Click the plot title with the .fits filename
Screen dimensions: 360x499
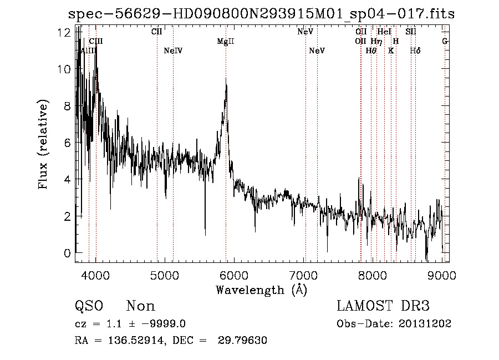261,14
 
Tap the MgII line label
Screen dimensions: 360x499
226,41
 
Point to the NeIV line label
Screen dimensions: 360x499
174,50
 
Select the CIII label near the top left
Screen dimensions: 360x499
96,41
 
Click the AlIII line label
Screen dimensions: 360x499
89,50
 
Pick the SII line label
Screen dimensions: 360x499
411,32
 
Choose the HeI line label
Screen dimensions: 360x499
384,32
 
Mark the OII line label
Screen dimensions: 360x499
360,41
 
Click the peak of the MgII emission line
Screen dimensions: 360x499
226,80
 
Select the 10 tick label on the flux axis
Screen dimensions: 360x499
65,69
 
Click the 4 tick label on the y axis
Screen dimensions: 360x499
67,180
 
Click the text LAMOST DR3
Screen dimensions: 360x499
383,306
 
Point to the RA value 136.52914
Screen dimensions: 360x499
137,341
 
